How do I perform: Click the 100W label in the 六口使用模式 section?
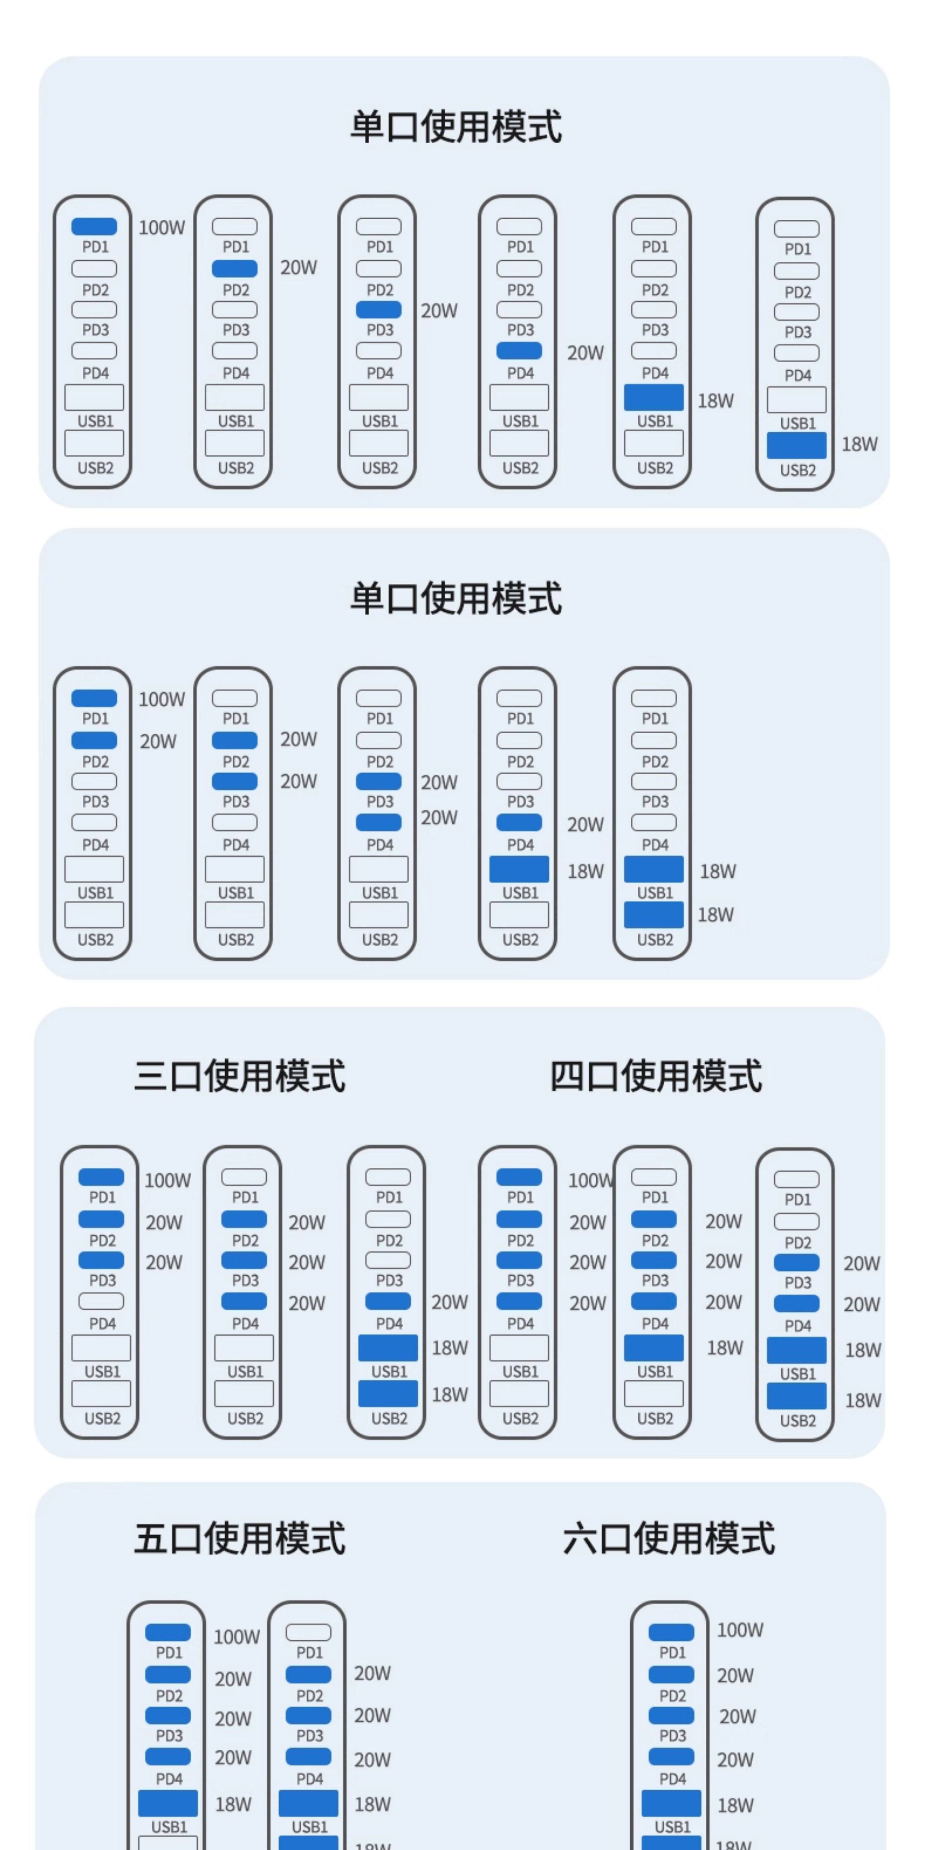(x=740, y=1630)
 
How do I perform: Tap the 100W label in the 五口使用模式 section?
(x=236, y=1637)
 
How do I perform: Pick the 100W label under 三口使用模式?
(x=167, y=1180)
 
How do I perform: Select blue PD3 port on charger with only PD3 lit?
(x=379, y=310)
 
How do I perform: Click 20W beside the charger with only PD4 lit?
(x=585, y=352)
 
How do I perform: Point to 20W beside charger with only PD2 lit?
(x=298, y=267)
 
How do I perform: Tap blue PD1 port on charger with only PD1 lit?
(x=94, y=226)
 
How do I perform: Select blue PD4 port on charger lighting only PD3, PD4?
(x=379, y=822)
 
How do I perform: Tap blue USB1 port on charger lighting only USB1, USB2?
(x=653, y=869)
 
